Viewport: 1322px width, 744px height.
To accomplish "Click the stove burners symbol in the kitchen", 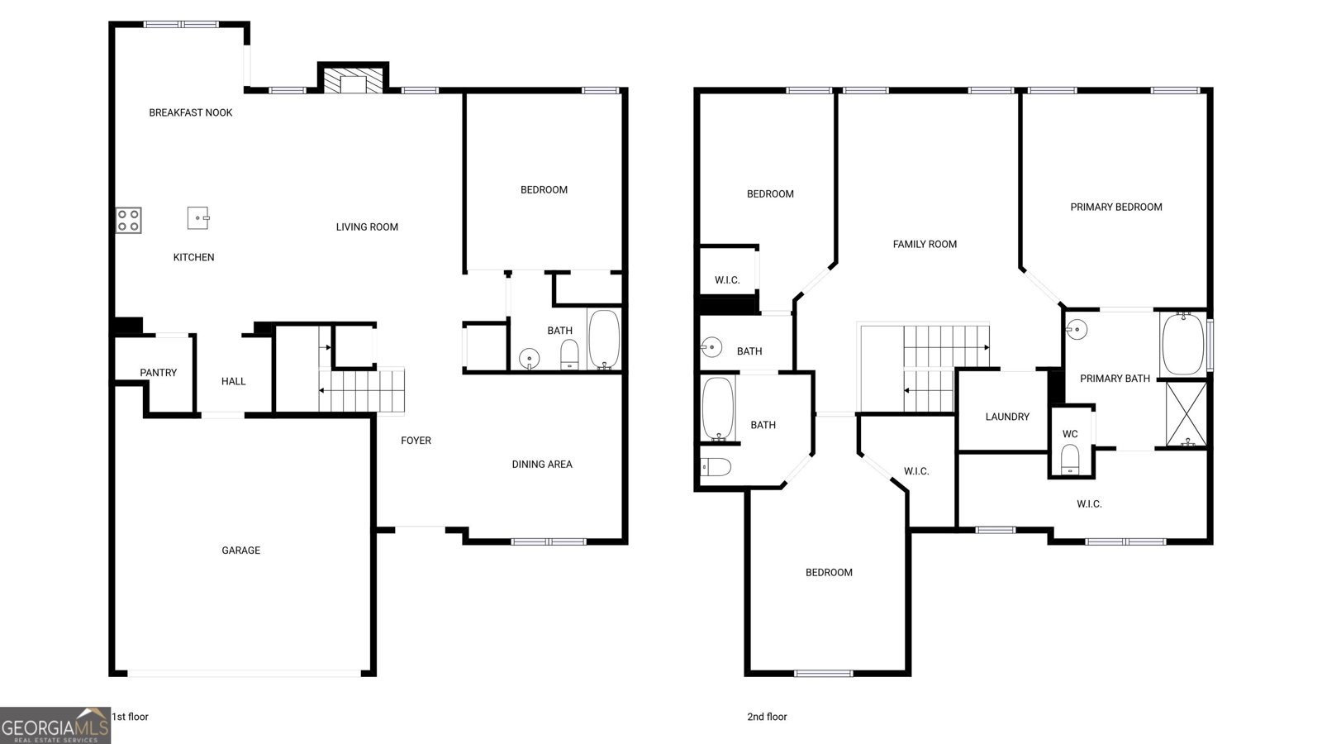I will click(128, 220).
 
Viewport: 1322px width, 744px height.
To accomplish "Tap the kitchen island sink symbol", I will click(198, 218).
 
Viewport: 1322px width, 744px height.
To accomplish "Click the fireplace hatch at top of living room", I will click(353, 81).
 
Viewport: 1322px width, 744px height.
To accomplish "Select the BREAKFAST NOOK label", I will click(191, 112).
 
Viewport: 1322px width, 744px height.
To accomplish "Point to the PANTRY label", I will click(158, 373).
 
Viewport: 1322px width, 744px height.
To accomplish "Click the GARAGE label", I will click(240, 551).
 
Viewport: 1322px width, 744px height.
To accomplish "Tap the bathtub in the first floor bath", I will click(604, 339).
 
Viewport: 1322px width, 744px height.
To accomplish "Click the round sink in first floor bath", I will click(529, 358).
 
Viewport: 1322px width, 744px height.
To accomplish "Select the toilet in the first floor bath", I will click(570, 355).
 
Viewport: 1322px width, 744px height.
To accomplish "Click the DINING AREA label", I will click(542, 465).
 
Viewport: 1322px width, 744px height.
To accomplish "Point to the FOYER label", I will click(416, 441).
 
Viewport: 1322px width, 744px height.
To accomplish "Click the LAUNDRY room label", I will click(1007, 417).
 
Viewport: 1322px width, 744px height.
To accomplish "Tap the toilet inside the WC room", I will click(1070, 459).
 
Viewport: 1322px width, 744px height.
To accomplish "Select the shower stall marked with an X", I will click(1186, 413).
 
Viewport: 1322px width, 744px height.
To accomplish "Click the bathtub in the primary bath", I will click(1182, 343).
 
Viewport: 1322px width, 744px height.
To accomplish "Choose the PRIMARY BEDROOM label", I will click(1116, 207).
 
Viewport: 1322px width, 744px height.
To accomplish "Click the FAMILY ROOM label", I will click(925, 244).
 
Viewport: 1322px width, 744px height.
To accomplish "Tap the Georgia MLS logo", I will click(55, 726).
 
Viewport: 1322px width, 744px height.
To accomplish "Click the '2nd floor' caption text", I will click(767, 717).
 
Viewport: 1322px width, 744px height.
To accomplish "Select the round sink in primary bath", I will click(1077, 329).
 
